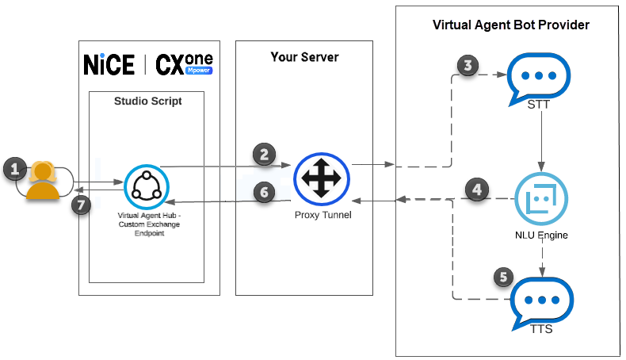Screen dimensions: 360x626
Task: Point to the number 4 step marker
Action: point(475,190)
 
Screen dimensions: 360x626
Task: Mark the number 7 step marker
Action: point(81,205)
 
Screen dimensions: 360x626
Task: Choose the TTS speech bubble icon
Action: point(542,301)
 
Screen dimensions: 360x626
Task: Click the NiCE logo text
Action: point(109,65)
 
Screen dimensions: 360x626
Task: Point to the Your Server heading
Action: point(303,56)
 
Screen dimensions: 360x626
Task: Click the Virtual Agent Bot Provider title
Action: point(510,25)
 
